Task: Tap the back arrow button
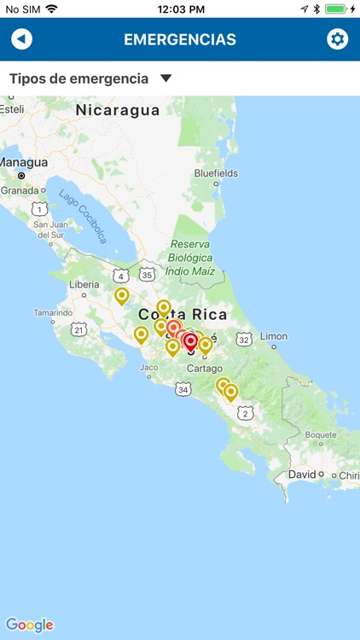coord(21,39)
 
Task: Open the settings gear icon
coord(338,39)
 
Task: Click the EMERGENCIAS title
coord(180,39)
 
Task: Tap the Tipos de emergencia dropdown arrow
coord(166,79)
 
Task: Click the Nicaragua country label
coord(118,110)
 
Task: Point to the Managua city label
coord(24,162)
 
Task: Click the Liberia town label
coord(84,284)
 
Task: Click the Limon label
coord(274,336)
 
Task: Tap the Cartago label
coord(204,369)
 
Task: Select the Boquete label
coord(322,434)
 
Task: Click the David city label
coord(302,474)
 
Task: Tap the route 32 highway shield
coord(245,339)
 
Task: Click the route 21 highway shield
coord(79,329)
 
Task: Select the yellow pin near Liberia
coord(122,295)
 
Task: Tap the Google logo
coord(30,625)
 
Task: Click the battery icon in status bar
coord(336,9)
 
